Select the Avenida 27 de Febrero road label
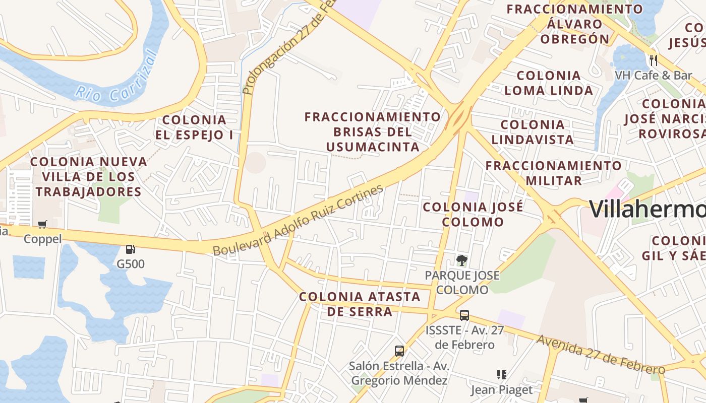(x=600, y=354)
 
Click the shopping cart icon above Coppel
(x=42, y=224)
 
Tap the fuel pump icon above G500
(x=130, y=249)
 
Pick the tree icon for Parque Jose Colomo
(x=461, y=260)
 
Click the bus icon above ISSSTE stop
(x=464, y=315)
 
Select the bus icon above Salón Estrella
(x=399, y=351)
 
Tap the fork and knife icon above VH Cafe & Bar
(x=654, y=60)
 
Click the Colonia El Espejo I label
(x=194, y=127)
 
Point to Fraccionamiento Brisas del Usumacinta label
(x=373, y=132)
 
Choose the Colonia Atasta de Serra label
(x=360, y=304)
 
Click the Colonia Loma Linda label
(x=549, y=83)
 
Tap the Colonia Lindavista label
(x=533, y=132)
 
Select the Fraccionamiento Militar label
(x=554, y=173)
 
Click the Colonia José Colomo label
(x=473, y=214)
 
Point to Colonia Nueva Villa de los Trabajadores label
(x=89, y=177)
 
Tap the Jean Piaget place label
(x=502, y=389)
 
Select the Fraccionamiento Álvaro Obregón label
(x=575, y=24)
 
